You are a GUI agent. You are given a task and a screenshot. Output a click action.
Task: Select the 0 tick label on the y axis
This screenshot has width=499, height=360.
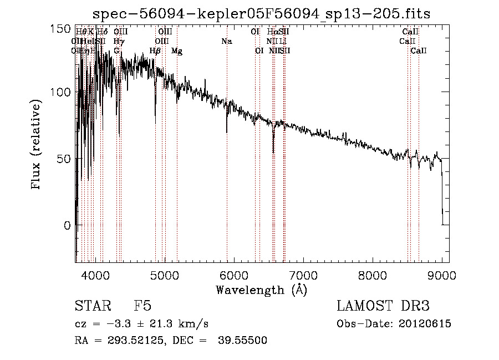point(67,226)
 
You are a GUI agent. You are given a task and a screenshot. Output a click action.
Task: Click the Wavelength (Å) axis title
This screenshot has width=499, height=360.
point(261,290)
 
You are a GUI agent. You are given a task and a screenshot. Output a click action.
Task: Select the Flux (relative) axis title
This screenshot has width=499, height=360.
point(37,145)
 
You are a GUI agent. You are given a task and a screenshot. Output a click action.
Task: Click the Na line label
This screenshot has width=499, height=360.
point(226,41)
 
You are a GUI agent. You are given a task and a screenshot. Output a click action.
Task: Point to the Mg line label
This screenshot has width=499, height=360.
point(177,51)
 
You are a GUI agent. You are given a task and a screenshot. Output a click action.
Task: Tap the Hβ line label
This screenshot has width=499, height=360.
point(155,51)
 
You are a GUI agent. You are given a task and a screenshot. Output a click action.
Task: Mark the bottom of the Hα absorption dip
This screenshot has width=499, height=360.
point(273,153)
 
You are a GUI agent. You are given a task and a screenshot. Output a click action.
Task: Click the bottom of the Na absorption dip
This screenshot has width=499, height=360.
point(227,132)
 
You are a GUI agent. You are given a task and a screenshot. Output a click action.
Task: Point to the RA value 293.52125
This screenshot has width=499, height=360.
point(133,341)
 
